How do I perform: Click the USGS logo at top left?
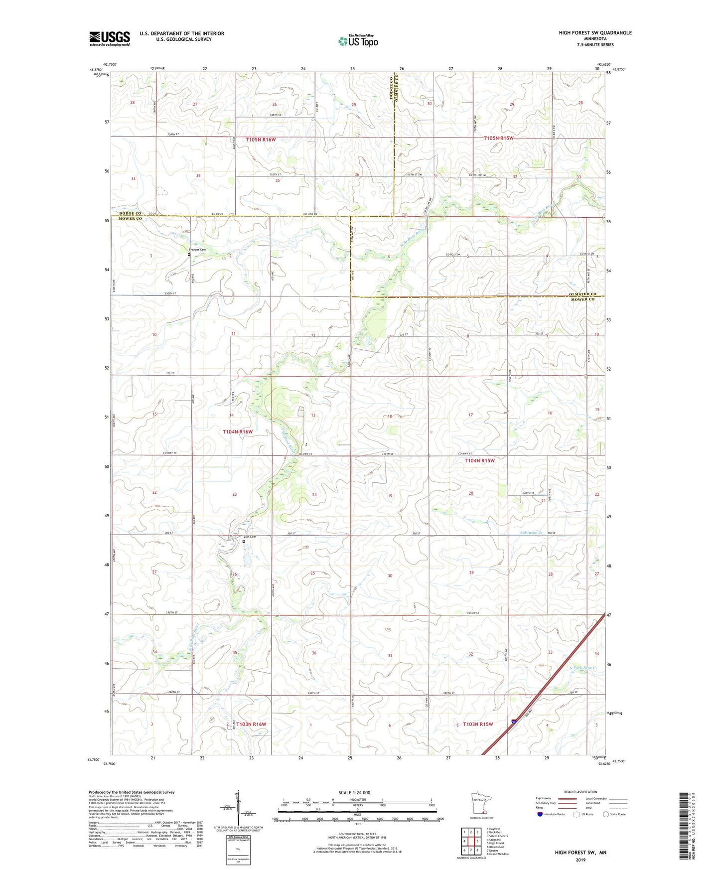click(x=110, y=38)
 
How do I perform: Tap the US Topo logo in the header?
click(x=358, y=40)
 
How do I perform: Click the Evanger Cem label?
click(x=197, y=250)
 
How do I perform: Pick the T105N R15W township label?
click(x=498, y=138)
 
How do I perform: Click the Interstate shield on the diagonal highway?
click(x=514, y=721)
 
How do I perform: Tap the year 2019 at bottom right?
click(x=580, y=860)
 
